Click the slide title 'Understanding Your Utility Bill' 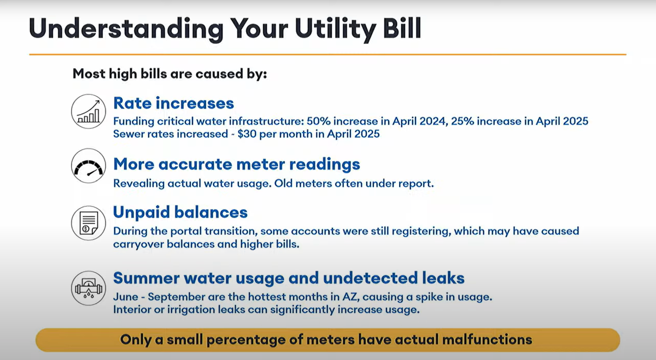(225, 28)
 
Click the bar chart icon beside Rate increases (88, 111)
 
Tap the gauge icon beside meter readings (88, 166)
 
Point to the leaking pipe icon (88, 288)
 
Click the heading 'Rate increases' (173, 103)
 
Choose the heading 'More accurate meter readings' (236, 164)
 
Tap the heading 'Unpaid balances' (180, 212)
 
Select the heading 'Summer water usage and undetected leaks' (289, 278)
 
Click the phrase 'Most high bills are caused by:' (169, 73)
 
